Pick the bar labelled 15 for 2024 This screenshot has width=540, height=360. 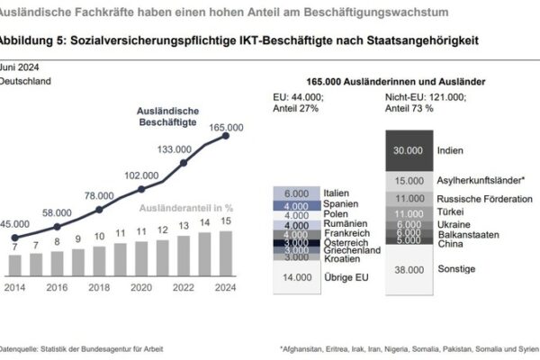[x=226, y=254]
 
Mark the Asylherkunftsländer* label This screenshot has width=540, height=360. [x=479, y=181]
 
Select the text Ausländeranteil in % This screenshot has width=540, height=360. [x=184, y=208]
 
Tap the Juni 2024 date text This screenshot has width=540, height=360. [x=21, y=67]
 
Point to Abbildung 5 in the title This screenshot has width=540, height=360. [x=32, y=42]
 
